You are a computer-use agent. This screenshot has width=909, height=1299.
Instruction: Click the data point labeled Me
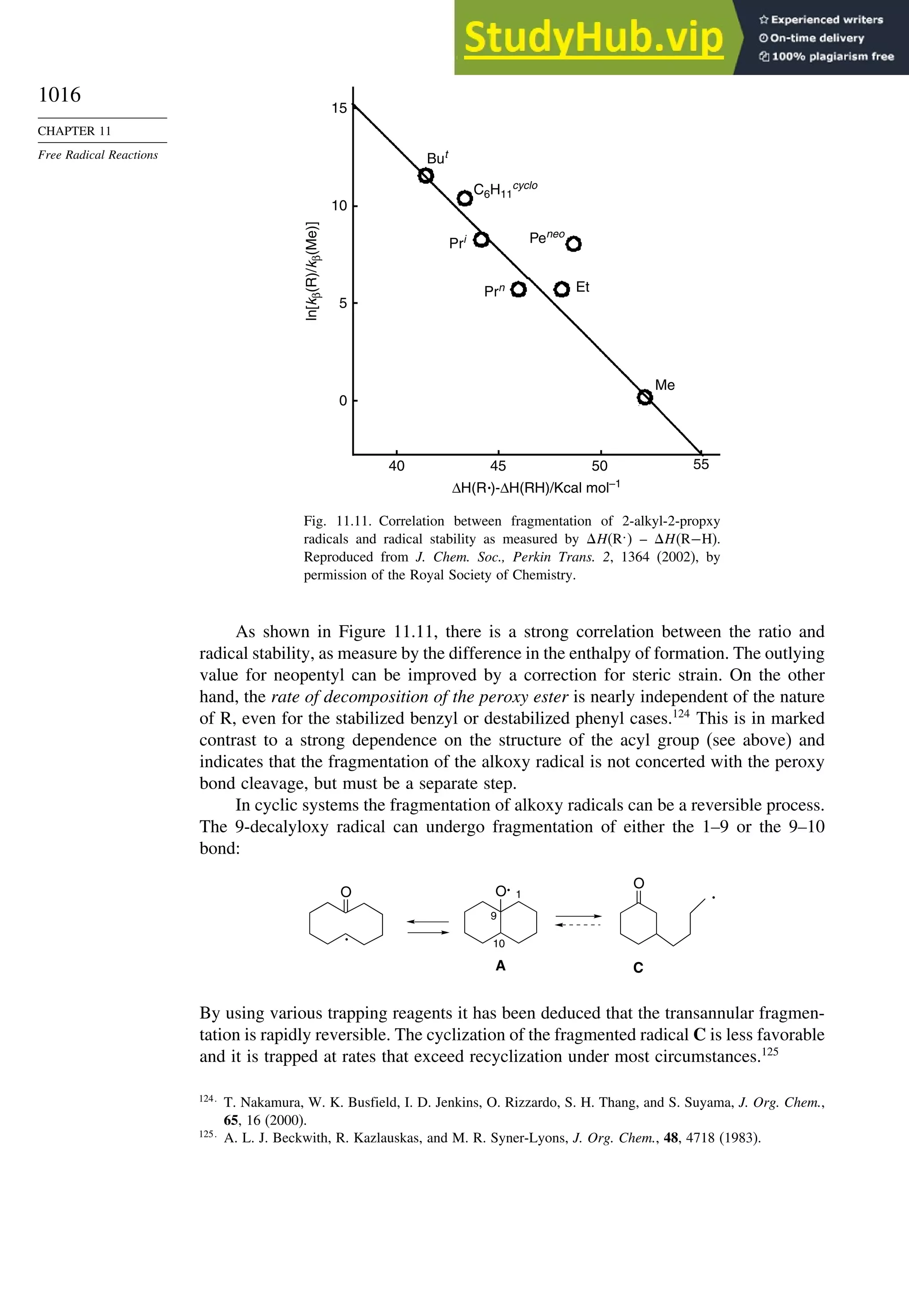coord(645,397)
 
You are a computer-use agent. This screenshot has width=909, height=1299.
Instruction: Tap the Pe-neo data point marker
coord(573,244)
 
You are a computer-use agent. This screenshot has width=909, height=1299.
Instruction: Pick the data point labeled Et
coord(562,289)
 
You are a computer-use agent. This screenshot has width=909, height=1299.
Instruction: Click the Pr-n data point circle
coord(518,289)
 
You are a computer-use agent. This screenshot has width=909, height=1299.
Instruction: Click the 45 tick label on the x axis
coord(498,466)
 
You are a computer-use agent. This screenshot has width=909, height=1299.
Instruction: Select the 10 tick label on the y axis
coord(339,206)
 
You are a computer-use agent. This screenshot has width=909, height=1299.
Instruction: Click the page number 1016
coord(59,95)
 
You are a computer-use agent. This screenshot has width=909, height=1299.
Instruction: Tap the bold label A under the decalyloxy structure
coord(500,966)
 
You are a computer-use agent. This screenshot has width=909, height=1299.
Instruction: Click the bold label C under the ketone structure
coord(638,967)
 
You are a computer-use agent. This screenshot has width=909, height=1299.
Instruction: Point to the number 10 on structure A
coord(498,943)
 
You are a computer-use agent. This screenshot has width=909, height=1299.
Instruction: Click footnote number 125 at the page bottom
coord(206,1134)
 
